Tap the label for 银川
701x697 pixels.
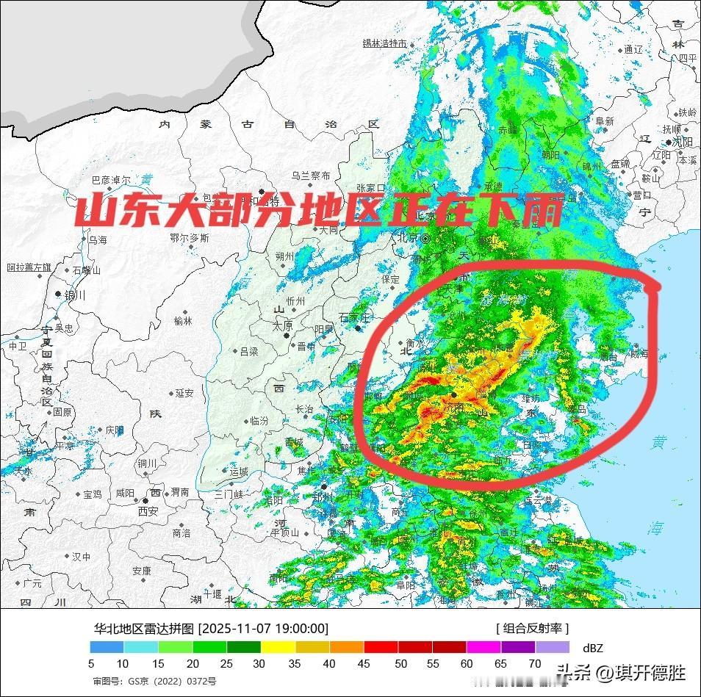(x=75, y=295)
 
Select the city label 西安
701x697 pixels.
(x=148, y=510)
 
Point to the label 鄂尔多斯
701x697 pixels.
(x=189, y=238)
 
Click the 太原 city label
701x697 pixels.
(x=283, y=326)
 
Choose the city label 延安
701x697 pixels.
(x=184, y=394)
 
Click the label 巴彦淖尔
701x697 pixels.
(x=110, y=180)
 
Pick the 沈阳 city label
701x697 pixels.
(x=682, y=142)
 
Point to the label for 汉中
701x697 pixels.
(x=81, y=557)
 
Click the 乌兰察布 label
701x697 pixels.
(x=311, y=176)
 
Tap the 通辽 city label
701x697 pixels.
(x=633, y=50)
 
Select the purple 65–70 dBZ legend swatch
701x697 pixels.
(x=518, y=647)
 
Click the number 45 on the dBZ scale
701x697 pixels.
(x=365, y=664)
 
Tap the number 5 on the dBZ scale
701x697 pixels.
(x=91, y=664)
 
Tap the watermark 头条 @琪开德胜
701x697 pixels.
(x=621, y=672)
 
